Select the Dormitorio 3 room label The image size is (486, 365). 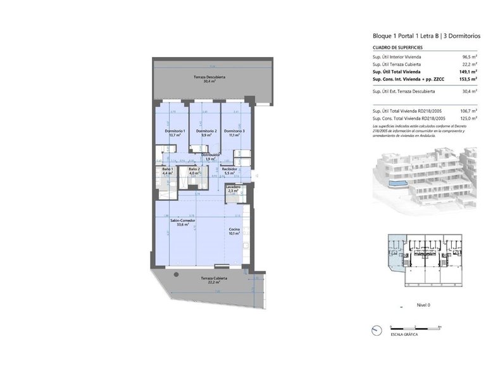234,132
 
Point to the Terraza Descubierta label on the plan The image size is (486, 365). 209,78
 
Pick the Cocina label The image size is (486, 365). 234,231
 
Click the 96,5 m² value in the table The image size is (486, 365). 468,58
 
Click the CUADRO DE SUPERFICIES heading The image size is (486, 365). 397,48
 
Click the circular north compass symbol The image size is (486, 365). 377,330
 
